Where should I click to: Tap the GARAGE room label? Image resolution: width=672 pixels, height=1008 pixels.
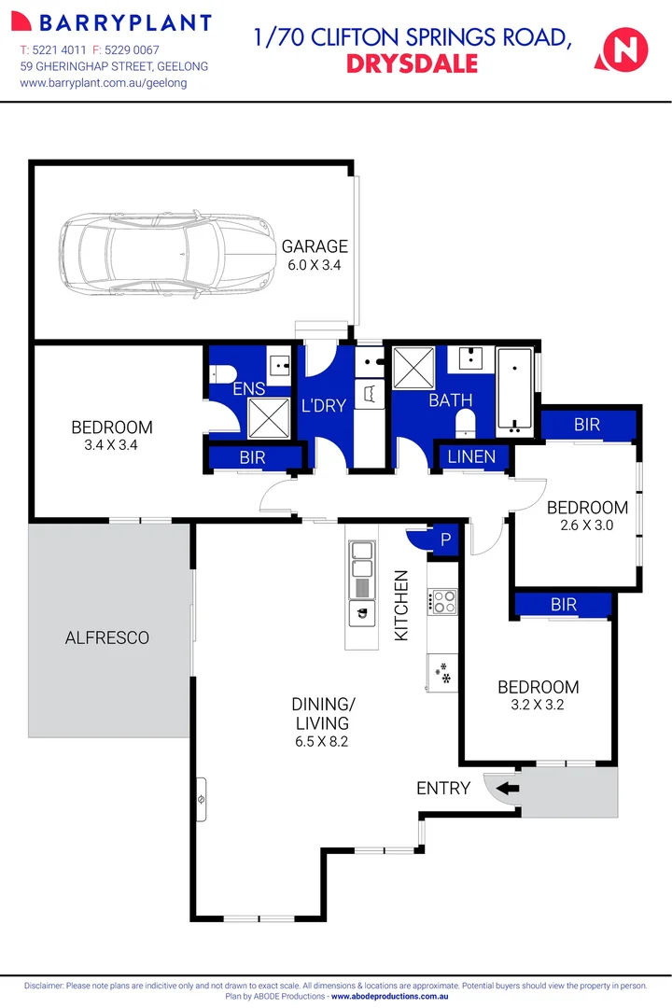(315, 246)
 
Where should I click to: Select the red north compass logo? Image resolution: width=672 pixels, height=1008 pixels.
(623, 49)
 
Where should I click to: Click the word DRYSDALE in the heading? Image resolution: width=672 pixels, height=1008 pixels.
(412, 63)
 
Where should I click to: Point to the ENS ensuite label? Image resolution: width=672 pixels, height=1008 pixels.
(248, 388)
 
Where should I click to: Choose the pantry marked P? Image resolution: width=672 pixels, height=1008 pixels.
(445, 540)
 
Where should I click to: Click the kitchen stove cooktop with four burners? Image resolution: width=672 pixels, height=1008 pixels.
(442, 601)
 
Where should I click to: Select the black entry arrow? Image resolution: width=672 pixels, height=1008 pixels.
(506, 789)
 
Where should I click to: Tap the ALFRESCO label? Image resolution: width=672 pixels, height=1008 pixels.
(107, 638)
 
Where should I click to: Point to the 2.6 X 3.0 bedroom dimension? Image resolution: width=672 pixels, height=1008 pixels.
(587, 525)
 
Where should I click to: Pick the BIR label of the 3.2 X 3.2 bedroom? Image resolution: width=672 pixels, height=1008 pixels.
(564, 605)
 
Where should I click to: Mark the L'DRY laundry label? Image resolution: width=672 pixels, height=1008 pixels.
(323, 406)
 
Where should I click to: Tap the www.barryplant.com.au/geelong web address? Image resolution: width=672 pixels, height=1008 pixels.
(104, 83)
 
